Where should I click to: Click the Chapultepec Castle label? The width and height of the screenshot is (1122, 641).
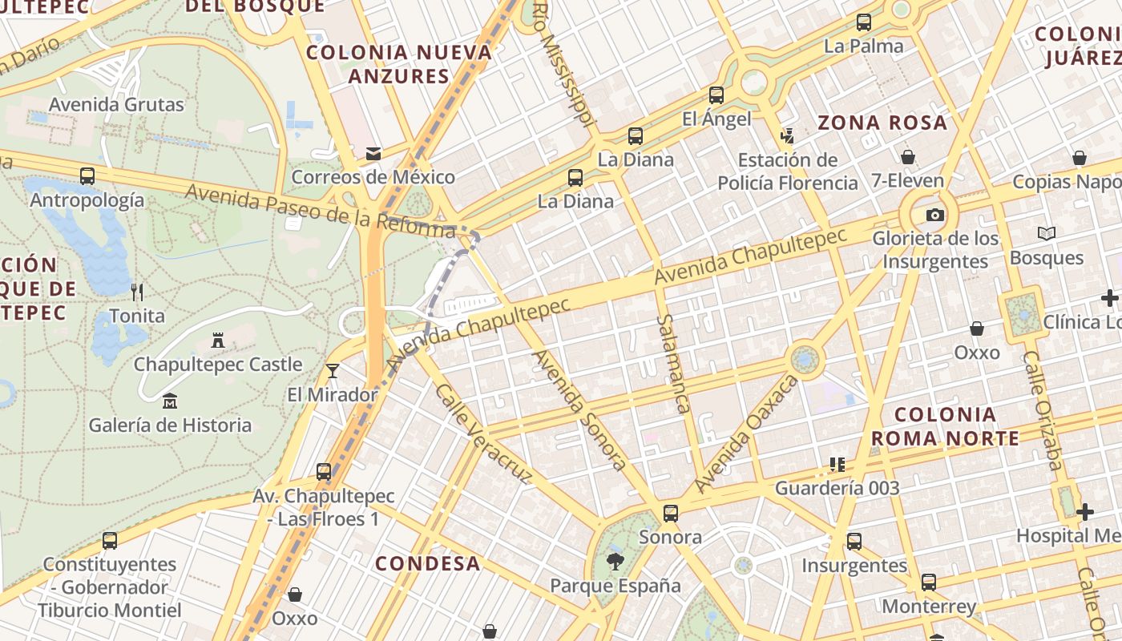click(218, 365)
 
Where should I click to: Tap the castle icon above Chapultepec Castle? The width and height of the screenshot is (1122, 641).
click(217, 341)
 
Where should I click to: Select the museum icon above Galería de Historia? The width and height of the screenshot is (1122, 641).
click(170, 401)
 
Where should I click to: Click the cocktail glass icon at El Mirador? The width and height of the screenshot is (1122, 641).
click(333, 370)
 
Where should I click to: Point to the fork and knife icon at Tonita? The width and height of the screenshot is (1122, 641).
click(137, 292)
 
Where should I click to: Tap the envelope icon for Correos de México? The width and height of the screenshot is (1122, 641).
click(373, 153)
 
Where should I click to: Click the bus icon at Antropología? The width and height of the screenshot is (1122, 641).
click(87, 176)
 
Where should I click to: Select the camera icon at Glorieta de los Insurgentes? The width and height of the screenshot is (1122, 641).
click(935, 215)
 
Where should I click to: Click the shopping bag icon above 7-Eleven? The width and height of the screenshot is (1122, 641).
click(908, 157)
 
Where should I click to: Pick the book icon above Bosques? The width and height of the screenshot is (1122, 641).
click(1047, 233)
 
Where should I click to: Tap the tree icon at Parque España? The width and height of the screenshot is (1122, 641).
click(615, 561)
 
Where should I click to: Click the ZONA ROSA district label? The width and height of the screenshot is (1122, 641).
click(882, 123)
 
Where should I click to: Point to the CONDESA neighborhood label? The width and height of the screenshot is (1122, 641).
click(428, 563)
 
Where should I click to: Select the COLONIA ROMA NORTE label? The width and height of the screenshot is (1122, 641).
click(945, 426)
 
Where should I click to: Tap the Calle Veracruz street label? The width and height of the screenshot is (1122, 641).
click(483, 433)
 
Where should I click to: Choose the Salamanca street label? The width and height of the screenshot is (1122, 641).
click(672, 363)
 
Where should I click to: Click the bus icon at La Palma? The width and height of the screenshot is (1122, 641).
click(864, 22)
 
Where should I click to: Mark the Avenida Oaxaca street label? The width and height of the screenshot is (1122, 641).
click(747, 433)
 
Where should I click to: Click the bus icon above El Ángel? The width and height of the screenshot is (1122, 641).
click(716, 95)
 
